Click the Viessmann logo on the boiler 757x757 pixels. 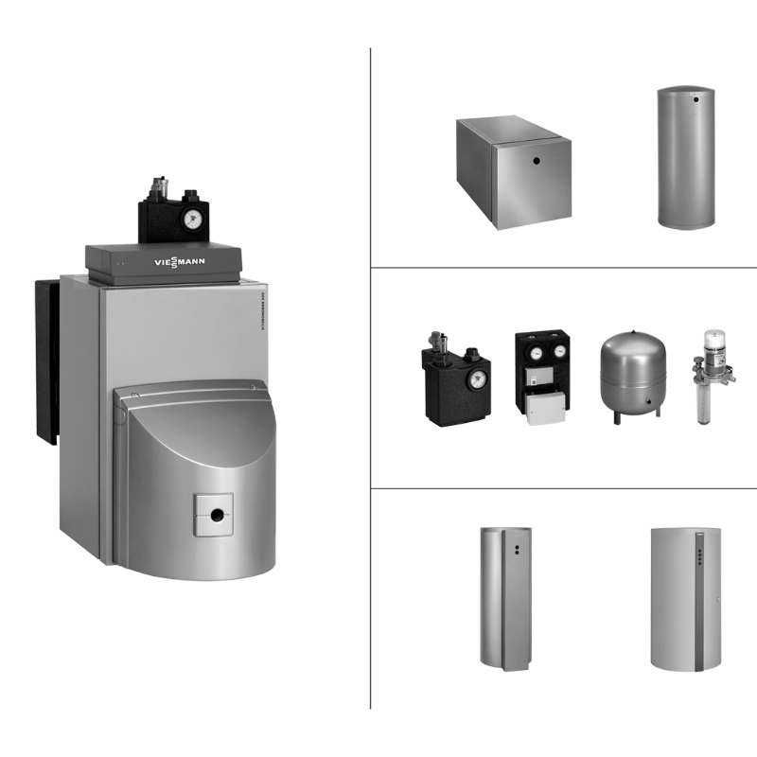(179, 259)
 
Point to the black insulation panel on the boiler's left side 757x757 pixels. (47, 360)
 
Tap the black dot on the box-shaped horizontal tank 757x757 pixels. (535, 171)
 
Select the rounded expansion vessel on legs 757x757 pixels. (633, 368)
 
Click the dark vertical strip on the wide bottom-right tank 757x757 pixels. (700, 606)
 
